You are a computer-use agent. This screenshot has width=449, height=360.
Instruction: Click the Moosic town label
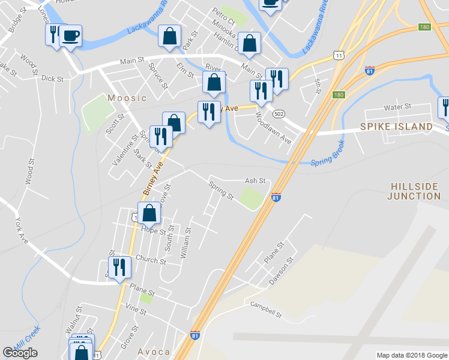click(127, 98)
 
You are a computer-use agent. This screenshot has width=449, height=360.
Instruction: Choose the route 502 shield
click(278, 113)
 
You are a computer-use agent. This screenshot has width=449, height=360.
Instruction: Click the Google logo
click(20, 353)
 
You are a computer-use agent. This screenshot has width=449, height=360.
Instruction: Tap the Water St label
click(397, 107)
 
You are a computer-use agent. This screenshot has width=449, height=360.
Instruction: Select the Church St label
click(151, 260)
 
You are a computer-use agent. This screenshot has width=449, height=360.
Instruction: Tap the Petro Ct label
click(223, 12)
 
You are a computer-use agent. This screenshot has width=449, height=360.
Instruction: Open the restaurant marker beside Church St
click(118, 267)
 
